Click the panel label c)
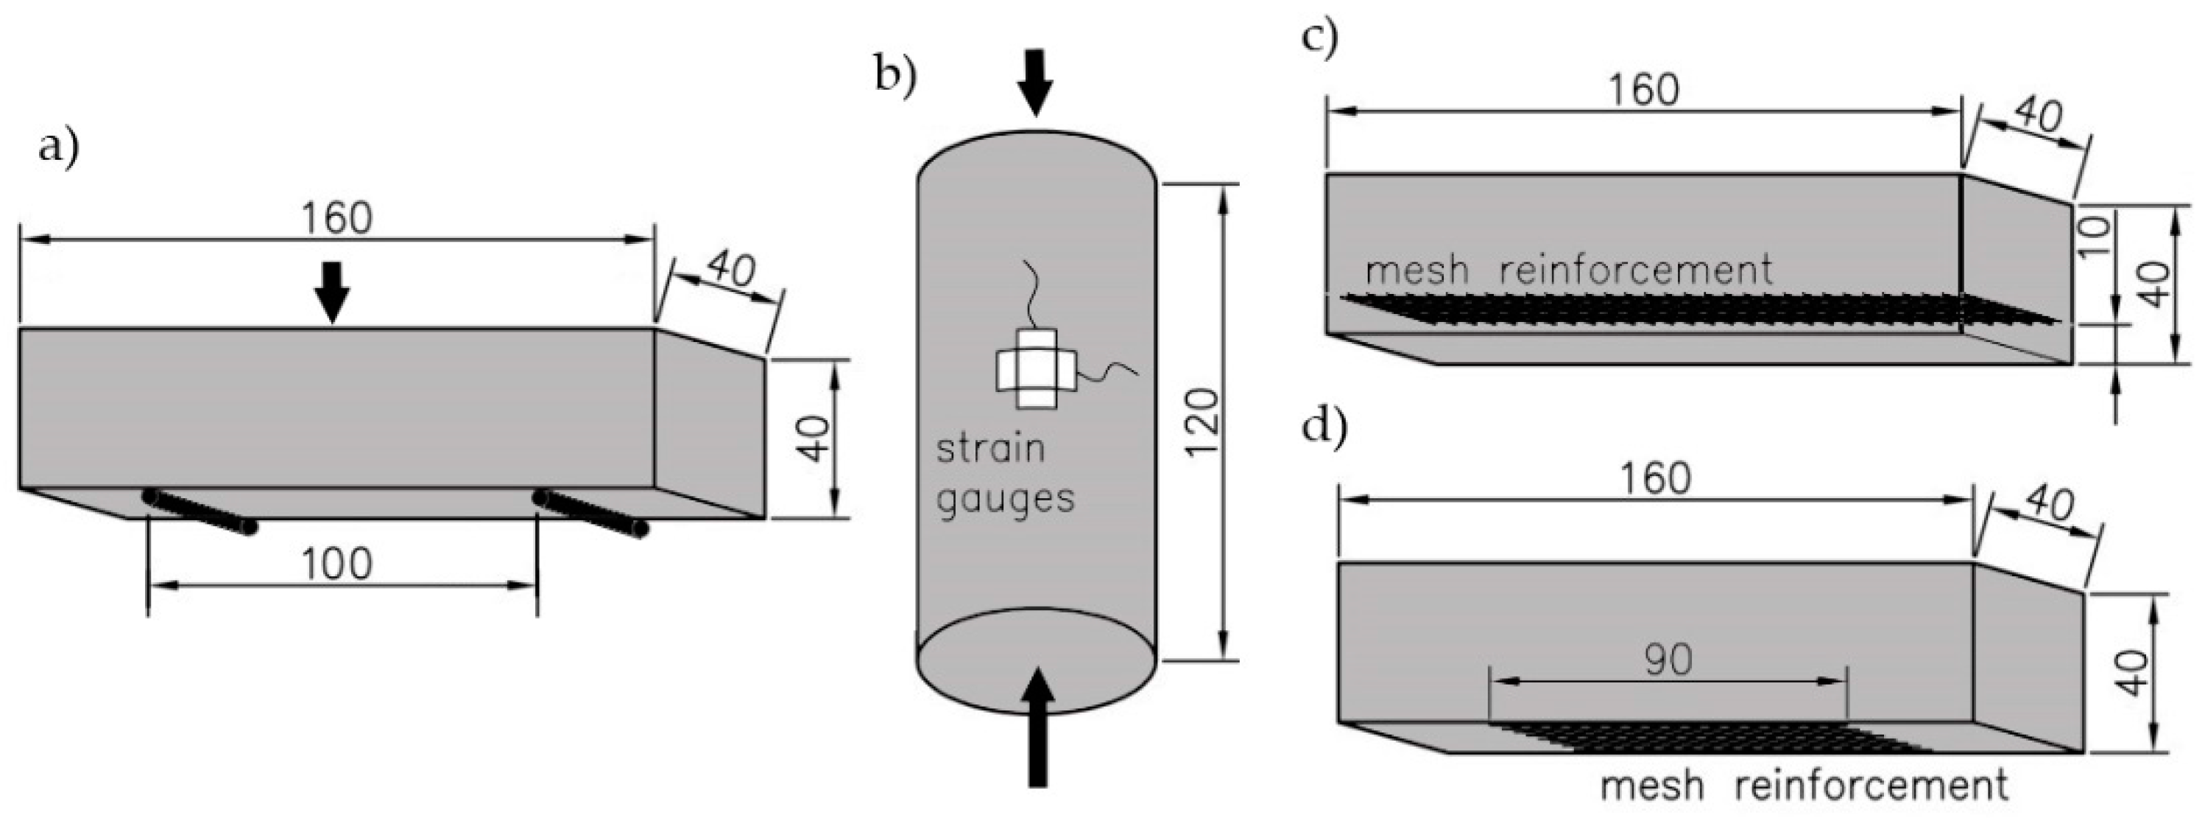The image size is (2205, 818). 1319,38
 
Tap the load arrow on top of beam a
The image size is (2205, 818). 331,292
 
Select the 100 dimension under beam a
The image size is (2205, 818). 337,564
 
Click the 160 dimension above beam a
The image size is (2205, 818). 336,218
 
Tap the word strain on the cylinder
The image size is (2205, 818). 990,449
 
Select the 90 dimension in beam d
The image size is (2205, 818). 1668,660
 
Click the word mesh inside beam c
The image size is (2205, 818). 1417,270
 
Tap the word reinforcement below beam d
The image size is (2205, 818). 1871,786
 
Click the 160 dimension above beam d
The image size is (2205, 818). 1656,479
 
